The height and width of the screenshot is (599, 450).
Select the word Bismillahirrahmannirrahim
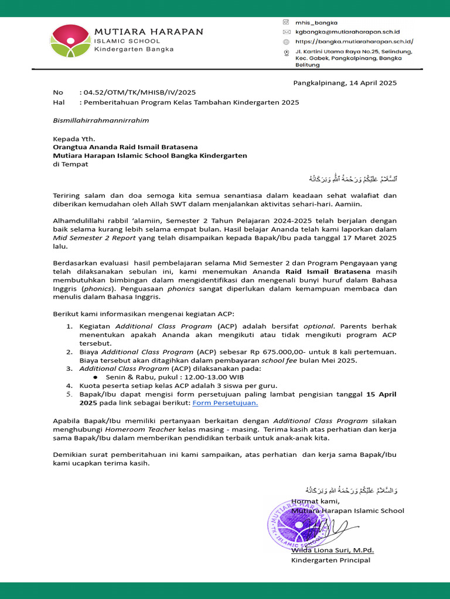101,121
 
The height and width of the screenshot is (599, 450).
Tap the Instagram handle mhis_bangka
316,22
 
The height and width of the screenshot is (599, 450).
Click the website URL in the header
354,42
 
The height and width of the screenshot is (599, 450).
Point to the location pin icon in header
287,53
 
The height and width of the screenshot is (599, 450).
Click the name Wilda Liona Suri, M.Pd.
332,550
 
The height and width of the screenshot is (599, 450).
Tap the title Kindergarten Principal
330,560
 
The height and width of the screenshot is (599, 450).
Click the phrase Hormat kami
315,501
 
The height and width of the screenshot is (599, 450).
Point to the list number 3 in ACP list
69,369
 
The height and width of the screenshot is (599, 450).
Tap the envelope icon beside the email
286,32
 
